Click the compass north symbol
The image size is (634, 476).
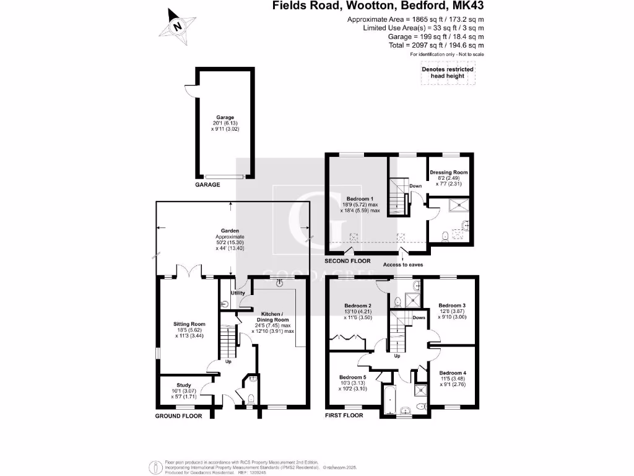pyautogui.click(x=178, y=26)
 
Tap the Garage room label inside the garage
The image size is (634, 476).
pyautogui.click(x=225, y=117)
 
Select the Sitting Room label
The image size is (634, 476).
pyautogui.click(x=189, y=324)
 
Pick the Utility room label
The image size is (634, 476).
pyautogui.click(x=238, y=293)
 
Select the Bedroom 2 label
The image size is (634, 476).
pyautogui.click(x=357, y=306)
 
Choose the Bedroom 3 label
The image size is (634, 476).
pyautogui.click(x=452, y=306)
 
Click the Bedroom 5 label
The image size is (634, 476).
pyautogui.click(x=353, y=377)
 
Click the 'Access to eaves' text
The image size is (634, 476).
pyautogui.click(x=402, y=265)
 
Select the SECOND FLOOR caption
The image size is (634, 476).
pyautogui.click(x=350, y=262)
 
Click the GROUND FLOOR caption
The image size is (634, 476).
pyautogui.click(x=178, y=416)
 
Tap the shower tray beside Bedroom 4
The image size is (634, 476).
pyautogui.click(x=421, y=390)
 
